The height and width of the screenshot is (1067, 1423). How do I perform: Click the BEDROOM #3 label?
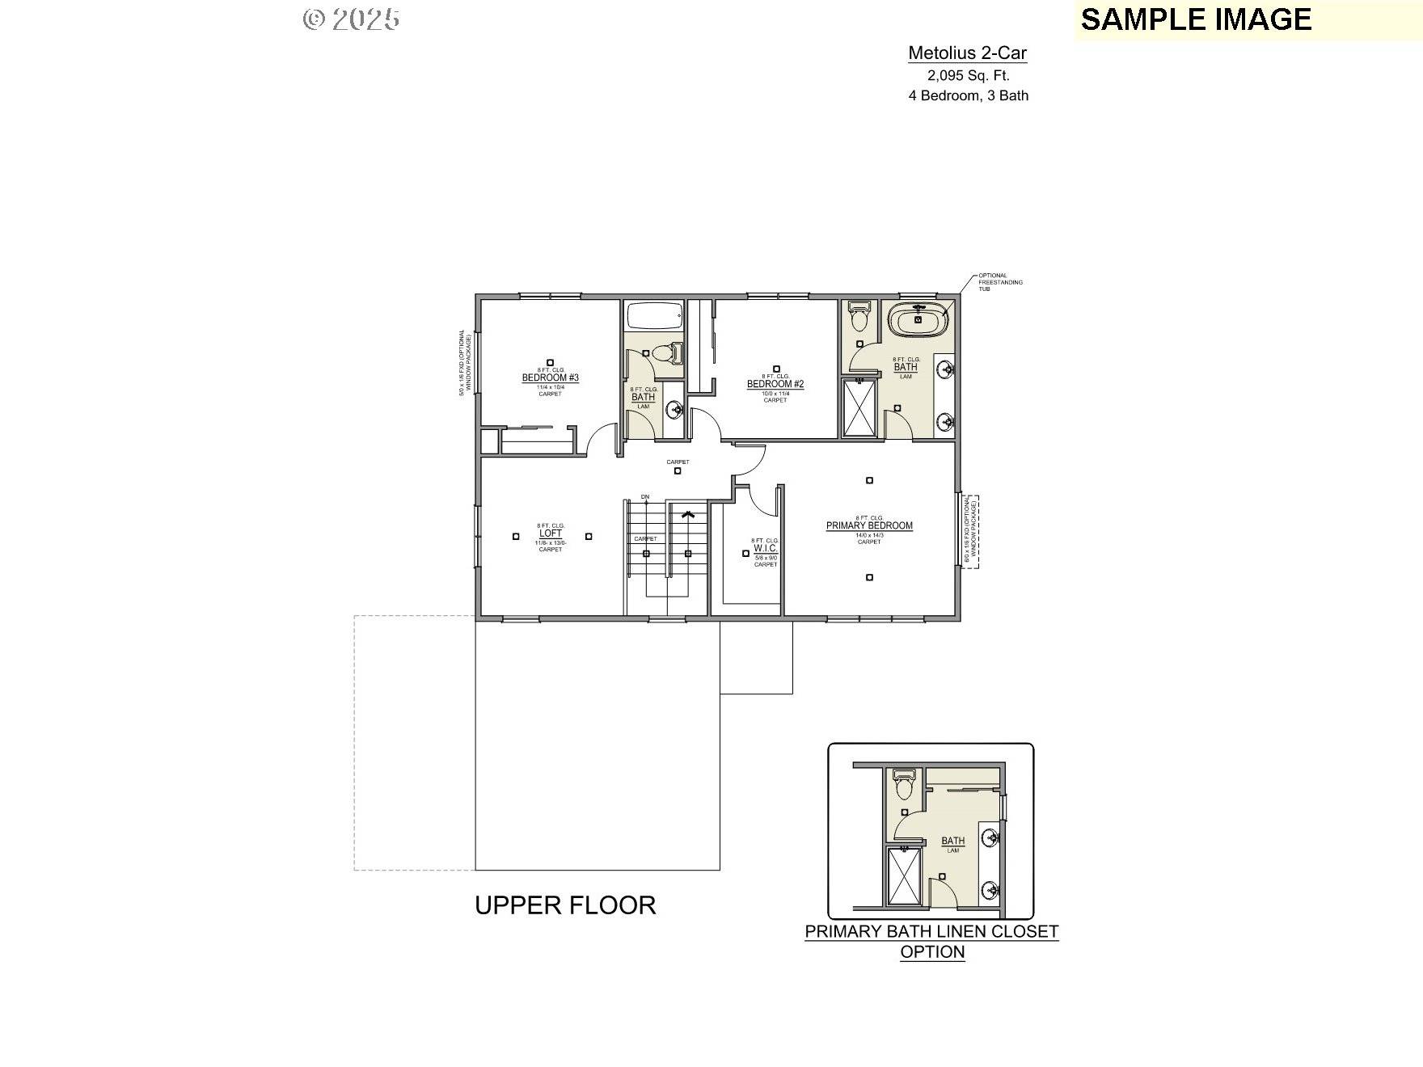coord(550,377)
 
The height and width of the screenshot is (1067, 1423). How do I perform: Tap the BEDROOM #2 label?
coord(775,384)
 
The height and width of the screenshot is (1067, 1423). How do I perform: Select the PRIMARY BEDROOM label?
coord(869,525)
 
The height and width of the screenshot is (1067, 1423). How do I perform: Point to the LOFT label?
coord(550,533)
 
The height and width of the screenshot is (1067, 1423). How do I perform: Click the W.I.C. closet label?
coord(765,548)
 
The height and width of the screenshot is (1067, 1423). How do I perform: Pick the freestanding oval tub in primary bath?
coord(918,320)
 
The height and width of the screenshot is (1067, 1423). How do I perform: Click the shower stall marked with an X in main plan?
coord(859,408)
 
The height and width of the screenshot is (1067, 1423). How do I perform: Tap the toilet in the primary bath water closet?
coord(859,318)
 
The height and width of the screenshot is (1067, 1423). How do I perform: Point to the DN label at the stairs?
coord(644,496)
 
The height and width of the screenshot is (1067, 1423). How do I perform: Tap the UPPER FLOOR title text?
coord(564,905)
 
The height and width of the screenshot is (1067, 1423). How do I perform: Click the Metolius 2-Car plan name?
coord(967,53)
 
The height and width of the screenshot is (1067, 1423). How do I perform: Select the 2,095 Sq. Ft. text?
coord(968,75)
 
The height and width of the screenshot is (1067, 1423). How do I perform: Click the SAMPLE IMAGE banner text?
coord(1196,19)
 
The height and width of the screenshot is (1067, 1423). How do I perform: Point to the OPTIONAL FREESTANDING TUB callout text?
coord(999,281)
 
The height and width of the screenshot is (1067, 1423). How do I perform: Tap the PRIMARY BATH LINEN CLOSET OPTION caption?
coord(931,941)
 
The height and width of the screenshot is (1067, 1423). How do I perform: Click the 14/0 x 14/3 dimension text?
coord(869,534)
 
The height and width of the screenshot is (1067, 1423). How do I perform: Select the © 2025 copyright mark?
coord(351,19)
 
